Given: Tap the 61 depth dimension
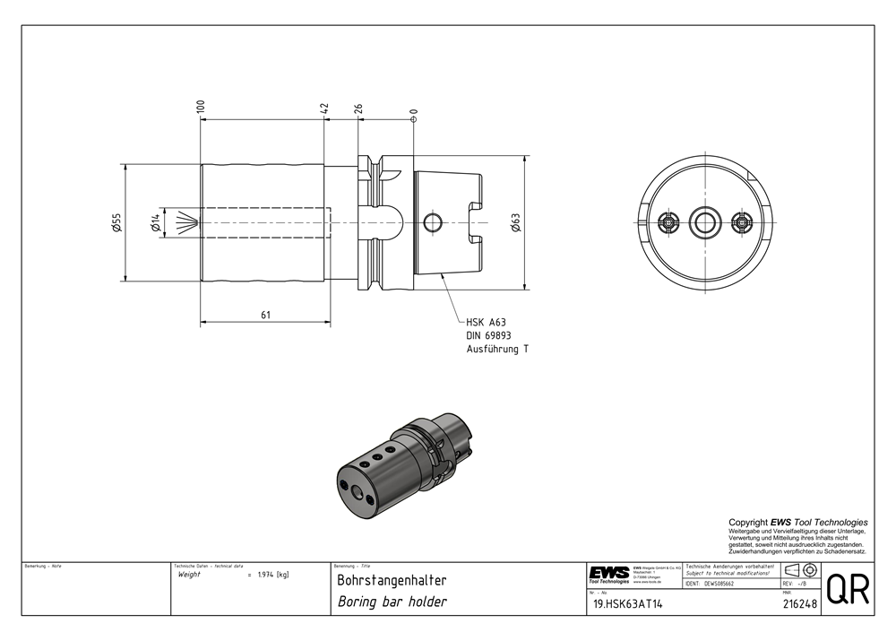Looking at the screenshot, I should [x=266, y=314].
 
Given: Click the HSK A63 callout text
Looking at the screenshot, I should [x=487, y=322].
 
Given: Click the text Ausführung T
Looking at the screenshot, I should [x=497, y=349].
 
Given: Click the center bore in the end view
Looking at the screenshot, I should [x=703, y=221].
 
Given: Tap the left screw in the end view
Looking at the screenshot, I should [x=668, y=221].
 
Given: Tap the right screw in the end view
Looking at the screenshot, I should [x=740, y=221].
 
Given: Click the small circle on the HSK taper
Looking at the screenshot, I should [x=432, y=221].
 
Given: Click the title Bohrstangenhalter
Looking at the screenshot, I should [x=391, y=581].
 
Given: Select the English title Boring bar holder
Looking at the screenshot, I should [x=392, y=602].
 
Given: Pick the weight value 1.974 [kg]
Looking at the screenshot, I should [x=272, y=574].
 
